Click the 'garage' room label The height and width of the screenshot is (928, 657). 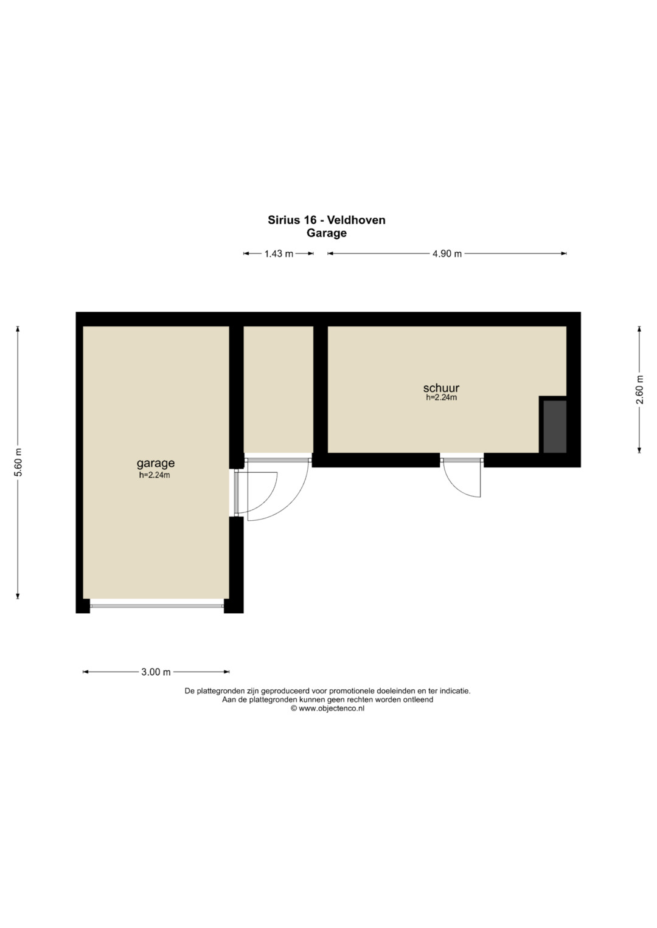(156, 462)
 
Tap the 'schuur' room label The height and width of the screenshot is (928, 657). (441, 388)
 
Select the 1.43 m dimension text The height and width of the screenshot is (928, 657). (279, 253)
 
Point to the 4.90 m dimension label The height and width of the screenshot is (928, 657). (447, 253)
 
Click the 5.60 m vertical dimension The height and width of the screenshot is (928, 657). (18, 462)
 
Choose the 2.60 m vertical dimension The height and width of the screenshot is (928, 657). (639, 389)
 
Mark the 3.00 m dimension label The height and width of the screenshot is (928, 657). (156, 672)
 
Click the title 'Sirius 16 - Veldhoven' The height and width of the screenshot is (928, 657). (327, 220)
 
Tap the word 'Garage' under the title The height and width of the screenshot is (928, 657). (327, 233)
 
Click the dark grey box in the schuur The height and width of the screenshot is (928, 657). (555, 426)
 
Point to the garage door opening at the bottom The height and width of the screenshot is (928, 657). (157, 606)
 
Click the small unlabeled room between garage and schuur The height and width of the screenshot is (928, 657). (278, 389)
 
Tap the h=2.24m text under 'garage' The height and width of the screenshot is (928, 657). (155, 475)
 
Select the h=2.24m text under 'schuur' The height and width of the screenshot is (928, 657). (441, 397)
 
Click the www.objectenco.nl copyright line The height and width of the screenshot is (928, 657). (328, 709)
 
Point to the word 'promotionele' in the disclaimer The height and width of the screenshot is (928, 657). (352, 691)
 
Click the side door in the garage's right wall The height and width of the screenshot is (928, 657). (237, 492)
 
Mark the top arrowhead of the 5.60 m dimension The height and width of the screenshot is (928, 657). (18, 329)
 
